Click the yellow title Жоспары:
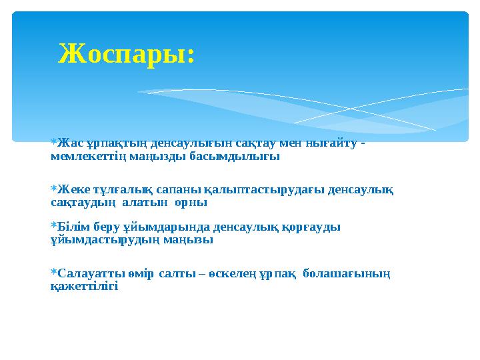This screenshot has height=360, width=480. coord(127,54)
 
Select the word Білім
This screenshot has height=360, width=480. coord(73,227)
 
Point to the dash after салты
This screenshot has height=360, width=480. coord(202,273)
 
